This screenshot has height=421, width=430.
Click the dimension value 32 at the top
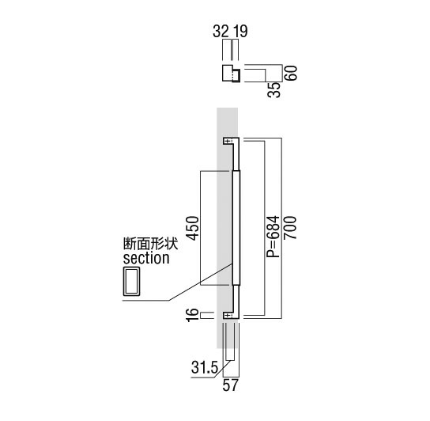point(221,31)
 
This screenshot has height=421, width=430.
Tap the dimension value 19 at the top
point(240,31)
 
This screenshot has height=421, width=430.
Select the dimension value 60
point(291,73)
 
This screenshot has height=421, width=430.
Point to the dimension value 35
point(274,89)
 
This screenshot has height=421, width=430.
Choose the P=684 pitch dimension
point(273,237)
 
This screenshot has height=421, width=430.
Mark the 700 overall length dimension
point(290,228)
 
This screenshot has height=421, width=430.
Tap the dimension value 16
point(192,315)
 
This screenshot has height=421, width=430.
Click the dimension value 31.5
point(205,367)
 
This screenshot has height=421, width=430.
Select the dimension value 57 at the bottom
point(230,385)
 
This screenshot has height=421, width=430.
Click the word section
point(146,259)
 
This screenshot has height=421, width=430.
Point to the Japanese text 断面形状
point(150,244)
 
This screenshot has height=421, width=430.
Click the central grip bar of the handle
point(236,228)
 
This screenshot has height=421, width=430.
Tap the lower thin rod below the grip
point(236,299)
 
